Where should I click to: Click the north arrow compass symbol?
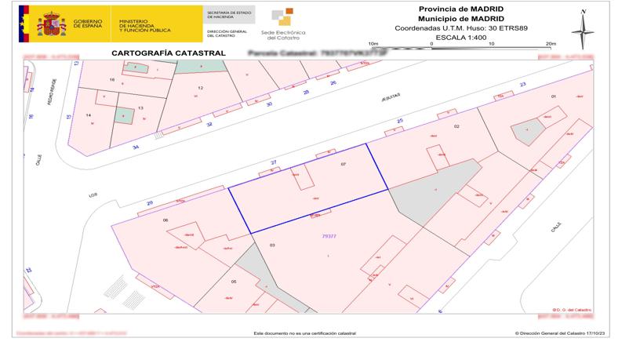pyautogui.click(x=583, y=30)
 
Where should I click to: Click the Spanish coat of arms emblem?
pyautogui.click(x=53, y=24)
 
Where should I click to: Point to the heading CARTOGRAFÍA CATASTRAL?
pyautogui.click(x=158, y=53)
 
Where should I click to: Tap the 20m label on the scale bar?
pyautogui.click(x=550, y=44)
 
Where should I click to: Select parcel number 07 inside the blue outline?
pyautogui.click(x=343, y=164)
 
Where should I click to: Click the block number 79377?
pyautogui.click(x=329, y=235)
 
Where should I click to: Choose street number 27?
pyautogui.click(x=274, y=162)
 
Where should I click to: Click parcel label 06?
pyautogui.click(x=165, y=220)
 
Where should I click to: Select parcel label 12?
pyautogui.click(x=201, y=88)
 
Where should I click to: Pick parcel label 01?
pyautogui.click(x=553, y=96)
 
